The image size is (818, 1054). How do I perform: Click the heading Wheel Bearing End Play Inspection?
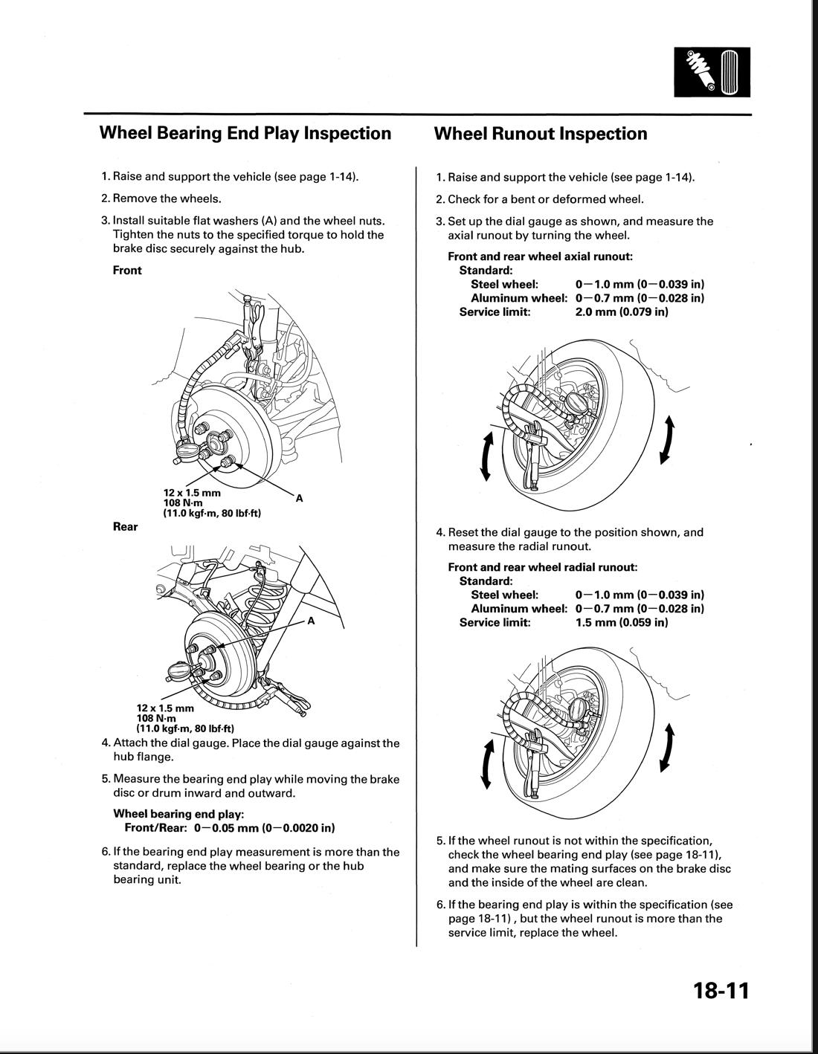pos(245,134)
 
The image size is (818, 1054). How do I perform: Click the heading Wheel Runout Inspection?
pos(540,134)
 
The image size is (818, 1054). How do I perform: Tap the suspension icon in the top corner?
pos(712,71)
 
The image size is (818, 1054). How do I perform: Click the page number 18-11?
pos(720,991)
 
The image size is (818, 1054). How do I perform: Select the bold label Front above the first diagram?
pos(127,271)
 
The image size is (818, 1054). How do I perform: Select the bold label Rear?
pos(125,527)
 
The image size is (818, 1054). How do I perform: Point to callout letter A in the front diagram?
pos(299,499)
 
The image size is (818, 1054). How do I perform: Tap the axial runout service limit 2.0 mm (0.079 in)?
pos(622,312)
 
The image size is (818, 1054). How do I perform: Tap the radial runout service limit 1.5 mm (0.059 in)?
pos(622,623)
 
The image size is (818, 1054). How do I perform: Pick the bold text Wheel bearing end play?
pos(178,814)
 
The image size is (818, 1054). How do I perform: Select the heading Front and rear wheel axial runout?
pos(541,256)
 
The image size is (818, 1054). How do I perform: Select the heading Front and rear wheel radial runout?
pos(543,567)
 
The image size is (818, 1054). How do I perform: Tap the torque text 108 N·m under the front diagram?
pos(183,502)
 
